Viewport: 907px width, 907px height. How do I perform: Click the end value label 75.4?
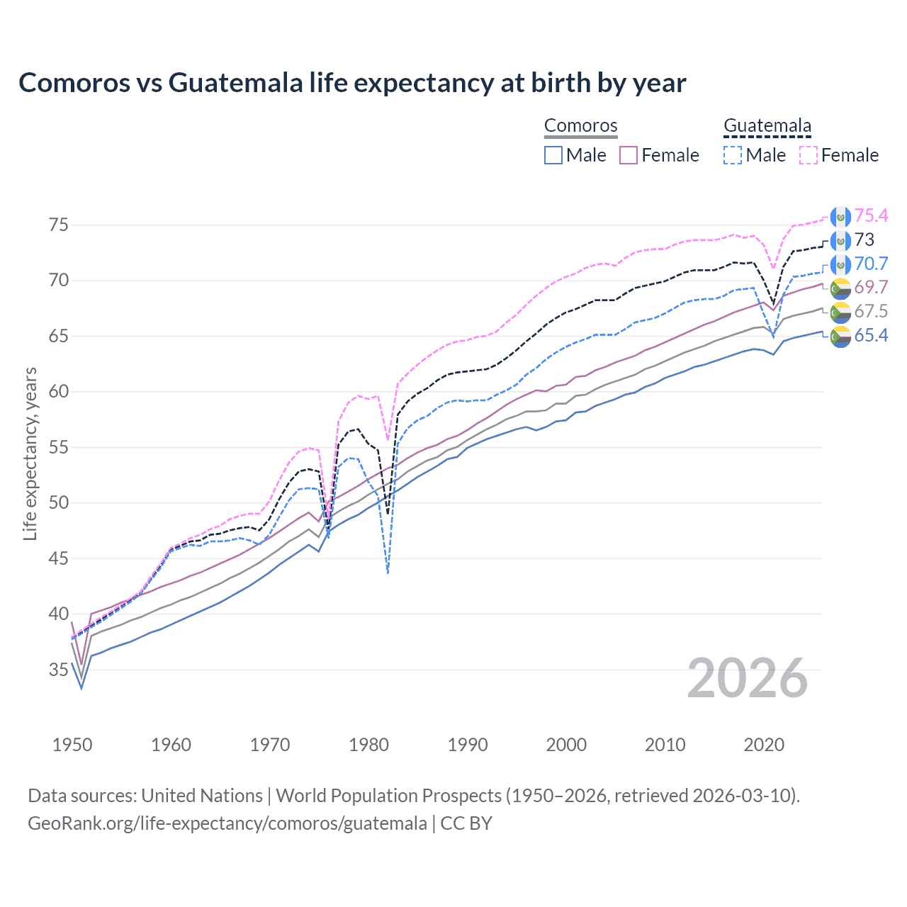[x=870, y=216]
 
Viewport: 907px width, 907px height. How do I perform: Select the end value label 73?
[x=864, y=240]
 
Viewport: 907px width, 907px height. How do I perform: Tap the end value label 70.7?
[x=870, y=264]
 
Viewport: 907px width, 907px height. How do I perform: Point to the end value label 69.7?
[x=870, y=288]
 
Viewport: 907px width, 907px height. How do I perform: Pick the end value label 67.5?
[x=870, y=312]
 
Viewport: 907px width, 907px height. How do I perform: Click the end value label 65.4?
[x=870, y=336]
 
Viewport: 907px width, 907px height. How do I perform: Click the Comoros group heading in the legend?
[x=580, y=126]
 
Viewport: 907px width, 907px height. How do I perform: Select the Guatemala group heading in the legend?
[x=767, y=126]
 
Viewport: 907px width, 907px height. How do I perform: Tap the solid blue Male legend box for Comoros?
[x=553, y=155]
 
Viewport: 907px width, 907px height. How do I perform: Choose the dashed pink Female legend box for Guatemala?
[x=809, y=155]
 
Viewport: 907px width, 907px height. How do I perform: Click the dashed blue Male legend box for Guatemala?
[x=733, y=155]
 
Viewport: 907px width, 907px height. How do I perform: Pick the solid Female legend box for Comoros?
[x=629, y=155]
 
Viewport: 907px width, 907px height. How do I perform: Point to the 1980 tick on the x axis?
[x=368, y=745]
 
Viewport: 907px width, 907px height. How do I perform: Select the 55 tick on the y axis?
[x=59, y=448]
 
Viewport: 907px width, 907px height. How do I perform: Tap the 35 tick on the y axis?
[x=59, y=670]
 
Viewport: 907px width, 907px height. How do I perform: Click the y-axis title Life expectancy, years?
[x=30, y=453]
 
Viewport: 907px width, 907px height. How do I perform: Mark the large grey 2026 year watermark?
[x=748, y=679]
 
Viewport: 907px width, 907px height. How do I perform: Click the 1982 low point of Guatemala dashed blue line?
[x=388, y=572]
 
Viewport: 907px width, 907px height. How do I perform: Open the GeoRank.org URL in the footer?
[x=227, y=823]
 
